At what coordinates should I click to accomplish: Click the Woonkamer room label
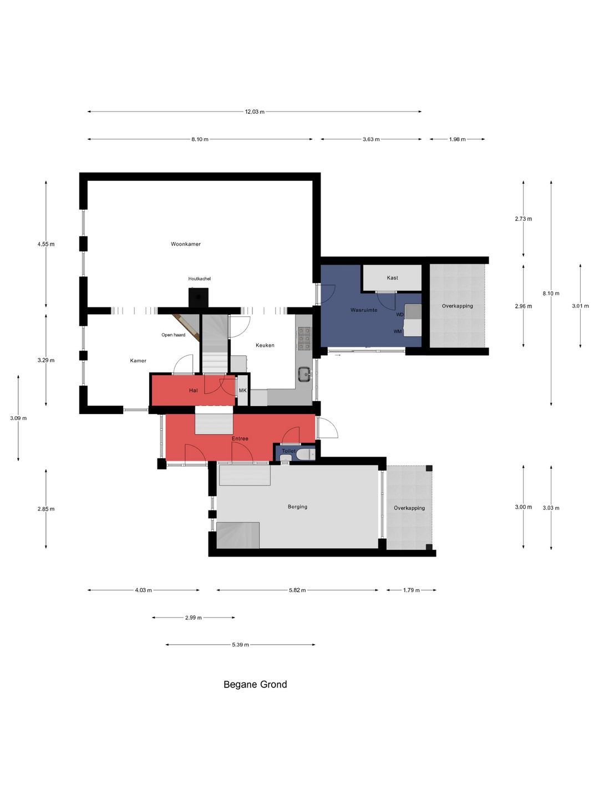pyautogui.click(x=185, y=244)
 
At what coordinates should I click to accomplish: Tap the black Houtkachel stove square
pyautogui.click(x=198, y=297)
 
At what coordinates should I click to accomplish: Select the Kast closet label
pyautogui.click(x=392, y=278)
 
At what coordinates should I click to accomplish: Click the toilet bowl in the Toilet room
pyautogui.click(x=306, y=454)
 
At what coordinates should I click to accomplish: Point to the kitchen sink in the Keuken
pyautogui.click(x=304, y=374)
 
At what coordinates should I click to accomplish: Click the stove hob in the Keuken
pyautogui.click(x=304, y=338)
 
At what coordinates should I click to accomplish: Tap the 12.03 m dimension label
pyautogui.click(x=255, y=112)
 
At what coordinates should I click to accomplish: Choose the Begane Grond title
pyautogui.click(x=255, y=684)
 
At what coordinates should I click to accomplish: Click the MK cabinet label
pyautogui.click(x=242, y=391)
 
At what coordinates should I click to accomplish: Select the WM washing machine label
pyautogui.click(x=398, y=332)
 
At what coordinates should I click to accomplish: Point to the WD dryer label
pyautogui.click(x=400, y=315)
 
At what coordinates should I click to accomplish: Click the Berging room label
pyautogui.click(x=297, y=507)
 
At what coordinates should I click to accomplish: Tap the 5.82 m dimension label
pyautogui.click(x=297, y=590)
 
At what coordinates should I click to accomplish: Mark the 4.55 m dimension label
pyautogui.click(x=46, y=244)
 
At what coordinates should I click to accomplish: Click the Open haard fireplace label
pyautogui.click(x=173, y=335)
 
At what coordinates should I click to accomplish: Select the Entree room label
pyautogui.click(x=240, y=439)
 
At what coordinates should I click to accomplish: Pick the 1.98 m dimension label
pyautogui.click(x=457, y=139)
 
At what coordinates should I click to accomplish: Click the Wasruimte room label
pyautogui.click(x=364, y=310)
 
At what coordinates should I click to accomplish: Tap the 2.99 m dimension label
pyautogui.click(x=193, y=618)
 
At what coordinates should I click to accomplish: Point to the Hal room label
pyautogui.click(x=193, y=391)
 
